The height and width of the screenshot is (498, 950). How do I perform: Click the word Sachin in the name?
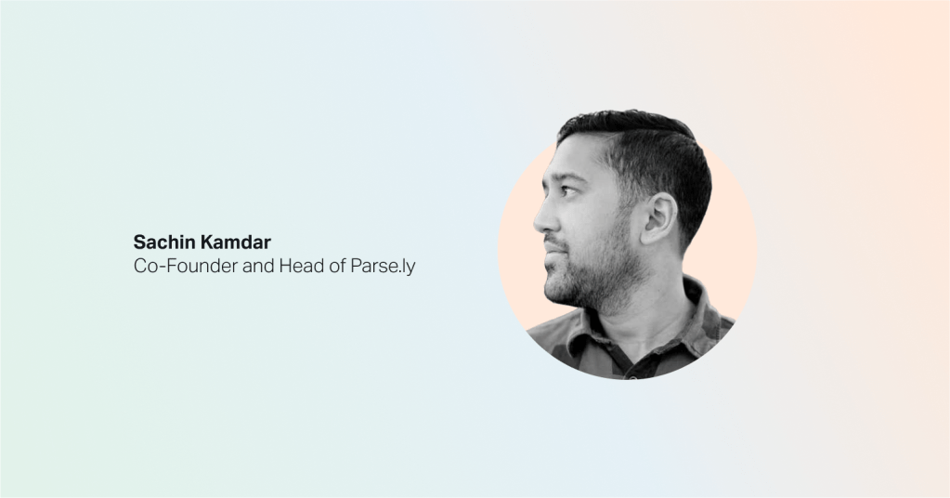coord(163,242)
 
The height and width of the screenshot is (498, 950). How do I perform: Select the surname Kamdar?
coord(235,242)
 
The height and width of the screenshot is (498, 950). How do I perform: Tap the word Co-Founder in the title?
coord(186,266)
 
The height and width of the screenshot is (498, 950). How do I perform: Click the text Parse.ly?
coord(383,267)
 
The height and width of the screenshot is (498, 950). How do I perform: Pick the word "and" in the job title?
coord(258,266)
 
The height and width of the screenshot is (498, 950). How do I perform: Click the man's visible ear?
coord(658,218)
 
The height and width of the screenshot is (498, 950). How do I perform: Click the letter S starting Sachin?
coord(139,242)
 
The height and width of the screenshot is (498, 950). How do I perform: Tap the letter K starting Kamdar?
coord(206,242)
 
